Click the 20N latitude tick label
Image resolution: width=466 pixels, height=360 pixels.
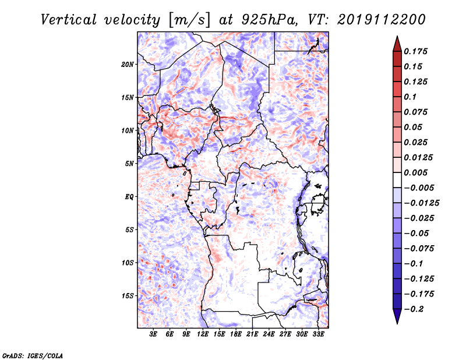(x=128, y=64)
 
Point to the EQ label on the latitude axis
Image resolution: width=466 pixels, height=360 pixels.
(x=129, y=196)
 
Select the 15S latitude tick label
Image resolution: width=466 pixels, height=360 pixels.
(x=128, y=295)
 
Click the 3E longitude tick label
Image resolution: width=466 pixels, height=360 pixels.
(x=153, y=334)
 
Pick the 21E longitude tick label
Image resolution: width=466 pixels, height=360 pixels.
(x=252, y=334)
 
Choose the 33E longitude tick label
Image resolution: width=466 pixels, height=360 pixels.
(x=318, y=334)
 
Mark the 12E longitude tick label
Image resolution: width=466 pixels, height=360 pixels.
(x=203, y=334)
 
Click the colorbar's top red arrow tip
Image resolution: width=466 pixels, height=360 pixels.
(x=396, y=38)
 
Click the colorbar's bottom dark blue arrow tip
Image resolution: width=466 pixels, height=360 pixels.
(x=396, y=322)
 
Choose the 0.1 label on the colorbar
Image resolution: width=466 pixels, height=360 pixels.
(x=411, y=97)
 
